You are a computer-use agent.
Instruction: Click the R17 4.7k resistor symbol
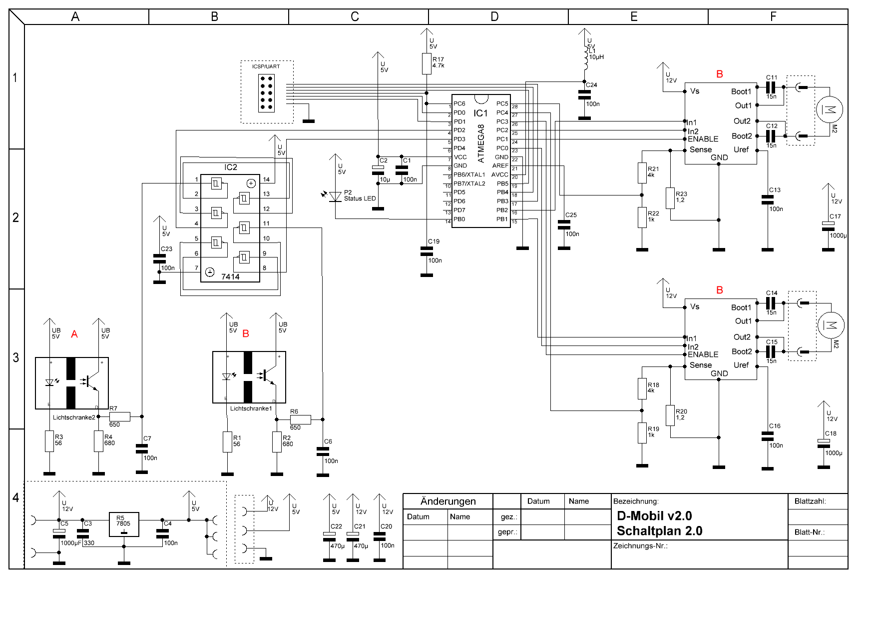click(427, 64)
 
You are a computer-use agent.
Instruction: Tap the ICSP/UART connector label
click(266, 66)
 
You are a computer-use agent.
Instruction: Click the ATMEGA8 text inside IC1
click(481, 143)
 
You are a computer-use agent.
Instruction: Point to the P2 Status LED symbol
click(336, 196)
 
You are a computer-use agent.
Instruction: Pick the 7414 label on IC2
click(230, 276)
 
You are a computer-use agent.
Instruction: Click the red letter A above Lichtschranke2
click(74, 334)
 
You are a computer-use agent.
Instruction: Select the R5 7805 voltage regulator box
click(124, 524)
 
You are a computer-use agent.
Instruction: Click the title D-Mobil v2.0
click(654, 516)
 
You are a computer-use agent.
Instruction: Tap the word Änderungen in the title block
click(448, 501)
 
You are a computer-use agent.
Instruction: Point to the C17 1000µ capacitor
click(828, 226)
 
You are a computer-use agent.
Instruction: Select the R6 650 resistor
click(300, 419)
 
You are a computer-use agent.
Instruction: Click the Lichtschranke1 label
click(251, 408)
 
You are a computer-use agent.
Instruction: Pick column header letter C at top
click(355, 16)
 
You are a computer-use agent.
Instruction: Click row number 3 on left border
click(16, 358)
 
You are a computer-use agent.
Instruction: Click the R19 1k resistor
click(642, 432)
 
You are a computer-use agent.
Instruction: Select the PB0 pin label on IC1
click(459, 219)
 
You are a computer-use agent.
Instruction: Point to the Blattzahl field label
click(810, 501)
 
